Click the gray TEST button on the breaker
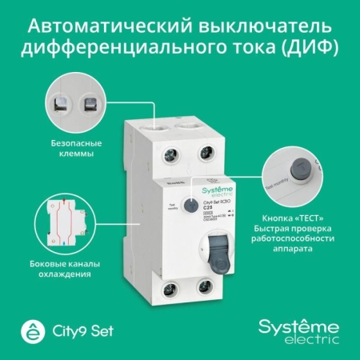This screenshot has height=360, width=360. pos(190,204)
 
